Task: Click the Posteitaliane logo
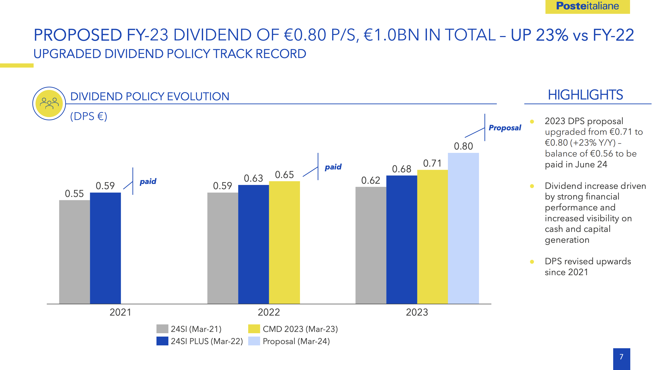587,6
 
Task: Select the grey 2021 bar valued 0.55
74,251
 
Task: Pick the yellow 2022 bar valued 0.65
284,242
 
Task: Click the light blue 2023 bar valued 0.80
463,228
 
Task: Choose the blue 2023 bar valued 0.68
402,239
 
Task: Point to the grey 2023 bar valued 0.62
371,245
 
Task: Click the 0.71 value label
432,163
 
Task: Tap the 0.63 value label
253,179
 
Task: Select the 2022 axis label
269,312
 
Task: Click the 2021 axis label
120,312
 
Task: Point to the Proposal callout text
505,128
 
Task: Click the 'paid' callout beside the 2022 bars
333,167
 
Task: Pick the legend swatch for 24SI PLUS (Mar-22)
162,341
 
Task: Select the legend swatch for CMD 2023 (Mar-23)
254,329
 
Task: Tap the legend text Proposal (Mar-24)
296,341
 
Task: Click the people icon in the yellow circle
49,103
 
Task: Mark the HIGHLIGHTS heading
585,95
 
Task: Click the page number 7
621,357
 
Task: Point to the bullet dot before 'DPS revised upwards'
532,262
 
